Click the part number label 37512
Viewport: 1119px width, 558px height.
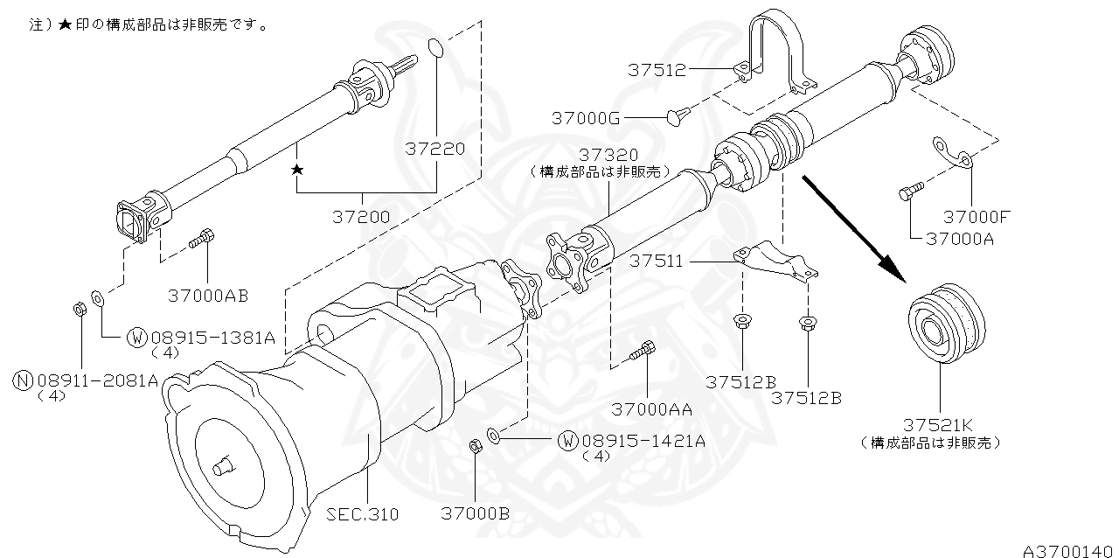[x=657, y=70]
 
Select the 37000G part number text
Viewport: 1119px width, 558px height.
[x=587, y=116]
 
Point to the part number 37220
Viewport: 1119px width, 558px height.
[x=435, y=149]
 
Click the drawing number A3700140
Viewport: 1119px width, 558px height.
[x=1070, y=549]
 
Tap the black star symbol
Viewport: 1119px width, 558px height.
[x=297, y=169]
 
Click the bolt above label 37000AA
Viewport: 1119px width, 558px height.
[x=643, y=351]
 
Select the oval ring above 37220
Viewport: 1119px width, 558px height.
[x=437, y=47]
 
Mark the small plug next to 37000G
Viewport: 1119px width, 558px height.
[x=678, y=115]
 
